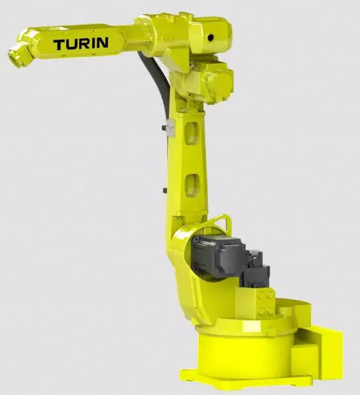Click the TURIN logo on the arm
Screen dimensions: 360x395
pyautogui.click(x=81, y=44)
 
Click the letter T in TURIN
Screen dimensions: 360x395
pyautogui.click(x=59, y=45)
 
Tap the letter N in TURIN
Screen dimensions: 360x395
pyautogui.click(x=102, y=42)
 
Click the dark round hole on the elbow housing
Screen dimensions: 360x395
pyautogui.click(x=210, y=38)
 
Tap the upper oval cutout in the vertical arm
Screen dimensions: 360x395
pyautogui.click(x=192, y=133)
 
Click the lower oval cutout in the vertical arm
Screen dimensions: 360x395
pyautogui.click(x=192, y=185)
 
